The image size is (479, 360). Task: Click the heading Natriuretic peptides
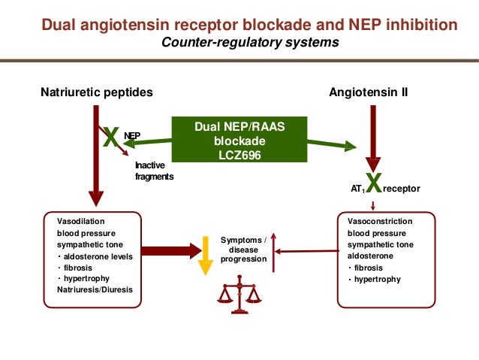(x=96, y=92)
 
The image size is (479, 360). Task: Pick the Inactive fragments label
(x=154, y=171)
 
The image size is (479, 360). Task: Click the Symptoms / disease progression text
(x=243, y=249)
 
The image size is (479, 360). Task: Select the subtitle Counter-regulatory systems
(x=250, y=42)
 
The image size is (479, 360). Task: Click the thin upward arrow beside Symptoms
(x=275, y=252)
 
